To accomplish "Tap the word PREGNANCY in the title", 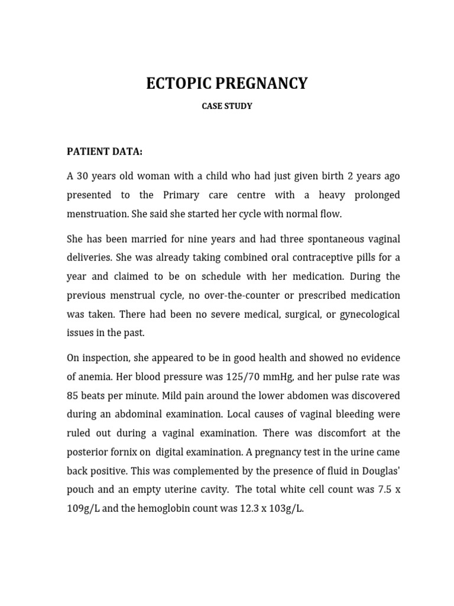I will point(261,83).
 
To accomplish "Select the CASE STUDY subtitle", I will point(227,107).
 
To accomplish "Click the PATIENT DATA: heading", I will point(105,151).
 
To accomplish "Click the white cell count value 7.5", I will point(378,489).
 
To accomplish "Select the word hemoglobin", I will point(178,508).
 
